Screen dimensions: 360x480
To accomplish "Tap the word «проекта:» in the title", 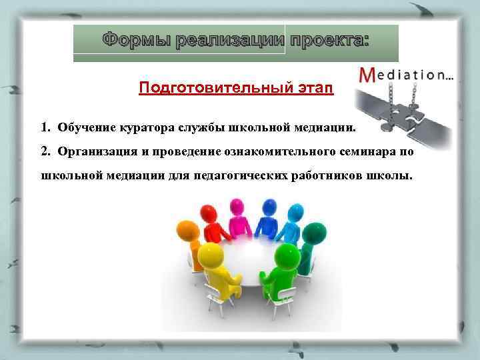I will pyautogui.click(x=327, y=40).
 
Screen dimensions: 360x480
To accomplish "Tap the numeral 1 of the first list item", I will pyautogui.click(x=43, y=126).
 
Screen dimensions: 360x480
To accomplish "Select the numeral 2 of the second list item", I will pyautogui.click(x=43, y=151).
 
